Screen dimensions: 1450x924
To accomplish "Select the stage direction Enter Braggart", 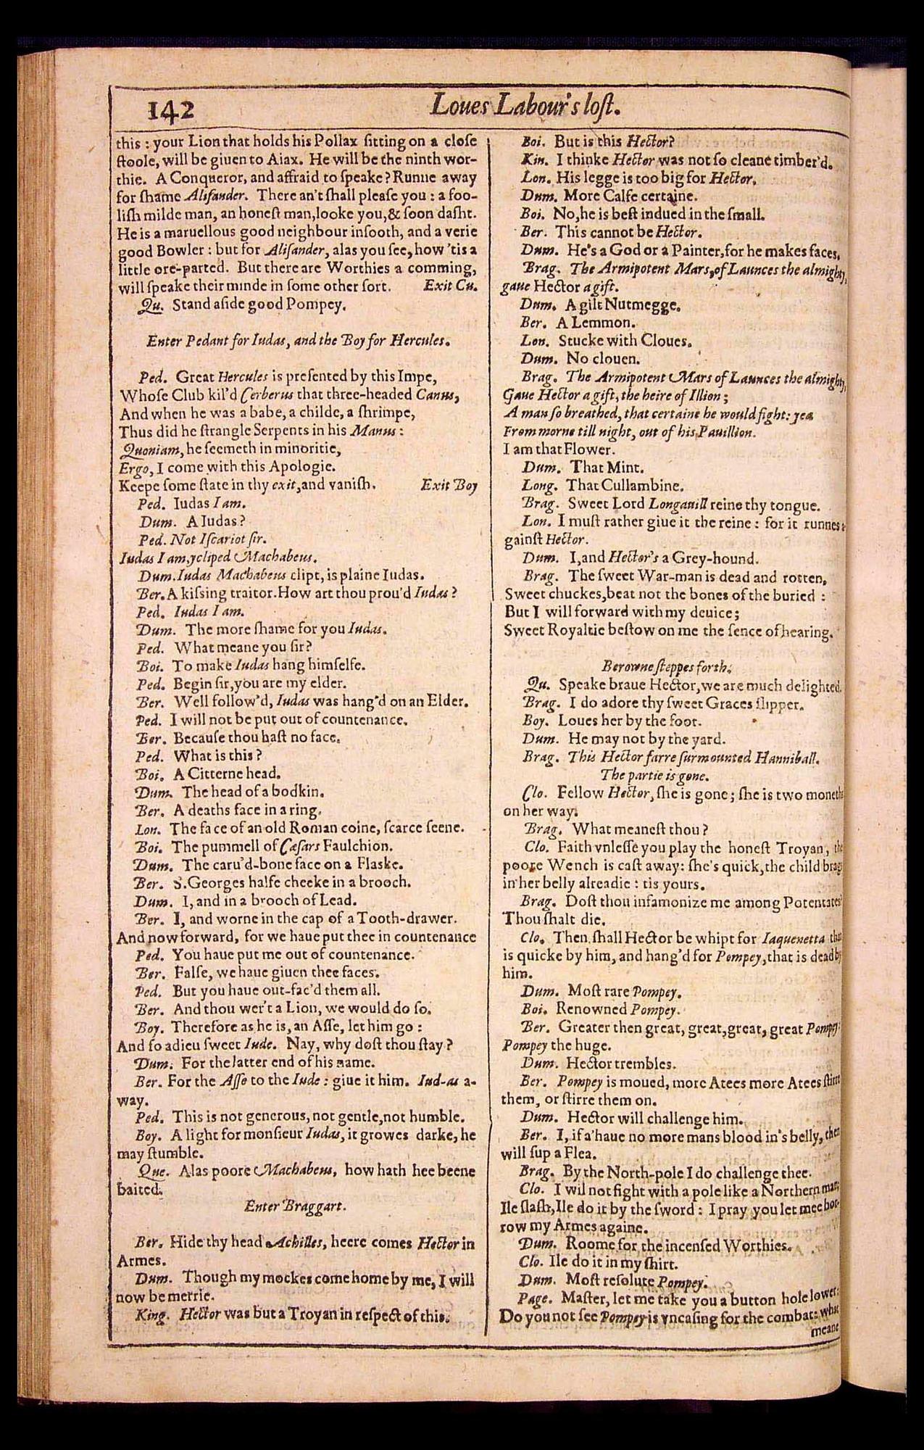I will point(294,1206).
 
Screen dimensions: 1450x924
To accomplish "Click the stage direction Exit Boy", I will point(449,485).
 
